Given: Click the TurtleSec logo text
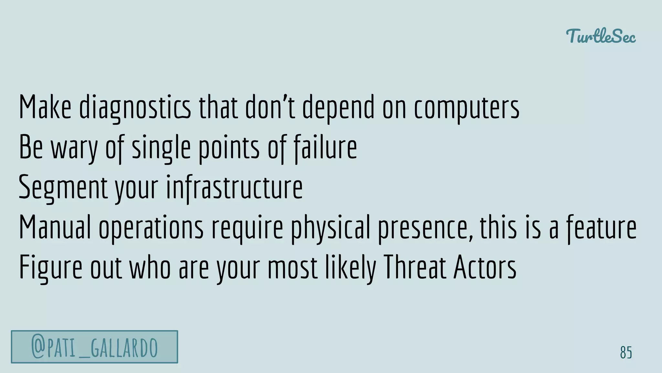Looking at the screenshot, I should pyautogui.click(x=601, y=36).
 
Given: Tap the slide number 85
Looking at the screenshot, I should pyautogui.click(x=626, y=352).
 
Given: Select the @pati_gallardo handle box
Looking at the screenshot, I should pyautogui.click(x=94, y=347).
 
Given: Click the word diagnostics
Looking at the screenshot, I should pyautogui.click(x=135, y=107).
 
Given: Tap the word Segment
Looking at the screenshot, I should pyautogui.click(x=63, y=188).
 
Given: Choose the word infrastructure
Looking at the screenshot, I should pyautogui.click(x=234, y=188).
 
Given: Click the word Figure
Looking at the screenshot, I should pyautogui.click(x=51, y=268).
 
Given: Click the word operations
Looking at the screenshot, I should pyautogui.click(x=151, y=228).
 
